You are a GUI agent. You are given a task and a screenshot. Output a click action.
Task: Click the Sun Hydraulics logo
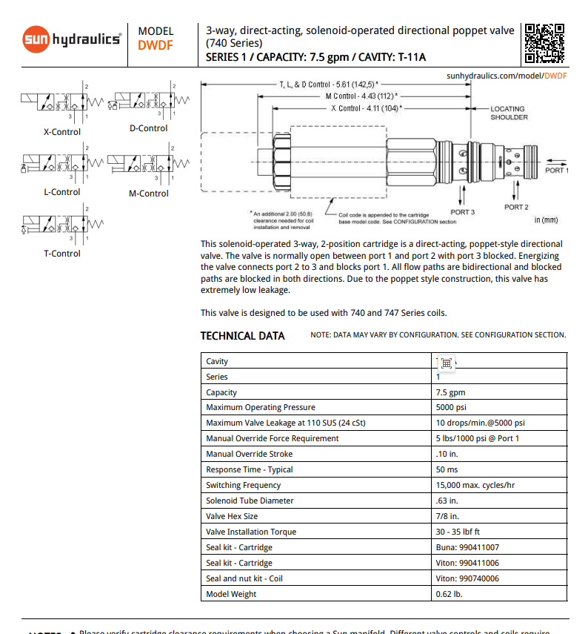coord(71,39)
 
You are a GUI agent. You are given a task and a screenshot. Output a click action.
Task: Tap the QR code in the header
coord(544,42)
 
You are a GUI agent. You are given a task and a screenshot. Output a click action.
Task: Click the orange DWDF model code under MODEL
coord(156,44)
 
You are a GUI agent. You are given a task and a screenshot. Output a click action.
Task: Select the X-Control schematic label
coord(62,132)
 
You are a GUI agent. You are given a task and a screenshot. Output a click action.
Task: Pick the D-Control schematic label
coord(148,128)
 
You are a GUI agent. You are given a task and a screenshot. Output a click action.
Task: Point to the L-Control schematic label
coord(61,192)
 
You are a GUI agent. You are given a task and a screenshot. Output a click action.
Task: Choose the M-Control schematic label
coord(148,194)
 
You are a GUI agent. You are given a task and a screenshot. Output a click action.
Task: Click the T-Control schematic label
coord(62,254)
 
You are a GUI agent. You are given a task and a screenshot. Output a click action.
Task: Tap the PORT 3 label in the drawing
coord(463,212)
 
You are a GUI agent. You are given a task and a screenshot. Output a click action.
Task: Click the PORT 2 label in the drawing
coord(516,207)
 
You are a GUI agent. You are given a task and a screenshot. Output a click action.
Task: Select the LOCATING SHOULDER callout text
coord(509,113)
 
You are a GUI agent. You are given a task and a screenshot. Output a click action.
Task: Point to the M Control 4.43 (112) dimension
coord(361,96)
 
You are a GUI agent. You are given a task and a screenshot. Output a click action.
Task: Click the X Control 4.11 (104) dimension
coord(367,108)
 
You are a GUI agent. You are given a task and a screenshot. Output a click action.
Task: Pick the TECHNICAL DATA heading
coord(242,336)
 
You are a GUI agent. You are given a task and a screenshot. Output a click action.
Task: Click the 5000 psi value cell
coord(451,407)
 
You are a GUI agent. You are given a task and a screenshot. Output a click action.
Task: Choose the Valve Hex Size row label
coord(232,516)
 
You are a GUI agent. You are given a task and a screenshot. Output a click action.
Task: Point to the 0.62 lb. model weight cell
coord(449,594)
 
